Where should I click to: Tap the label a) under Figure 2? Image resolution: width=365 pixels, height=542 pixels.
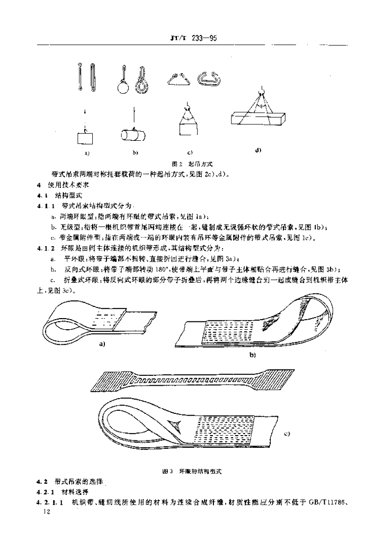86,153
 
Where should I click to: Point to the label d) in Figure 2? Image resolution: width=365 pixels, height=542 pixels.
258,150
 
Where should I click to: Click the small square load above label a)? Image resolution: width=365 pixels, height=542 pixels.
85,138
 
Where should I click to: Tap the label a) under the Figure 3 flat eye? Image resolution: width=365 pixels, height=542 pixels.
103,344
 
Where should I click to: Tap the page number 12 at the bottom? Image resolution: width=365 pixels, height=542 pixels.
45,513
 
